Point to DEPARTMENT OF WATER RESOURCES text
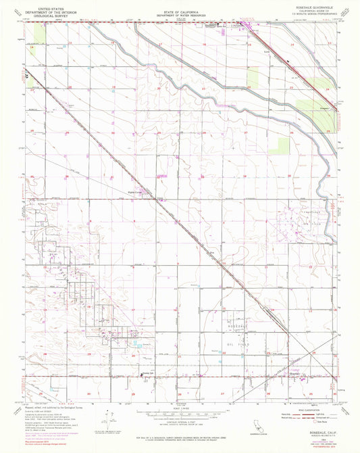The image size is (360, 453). coord(178,15)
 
